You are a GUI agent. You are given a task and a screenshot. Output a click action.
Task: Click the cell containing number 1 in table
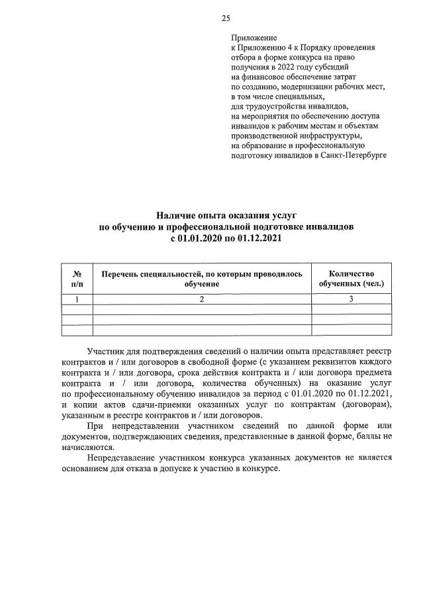[x=77, y=299]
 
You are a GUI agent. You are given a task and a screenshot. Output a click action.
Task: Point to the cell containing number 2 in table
[x=202, y=299]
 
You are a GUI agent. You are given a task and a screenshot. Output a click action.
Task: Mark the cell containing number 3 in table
[x=351, y=299]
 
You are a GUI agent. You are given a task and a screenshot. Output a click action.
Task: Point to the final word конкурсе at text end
[x=263, y=468]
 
